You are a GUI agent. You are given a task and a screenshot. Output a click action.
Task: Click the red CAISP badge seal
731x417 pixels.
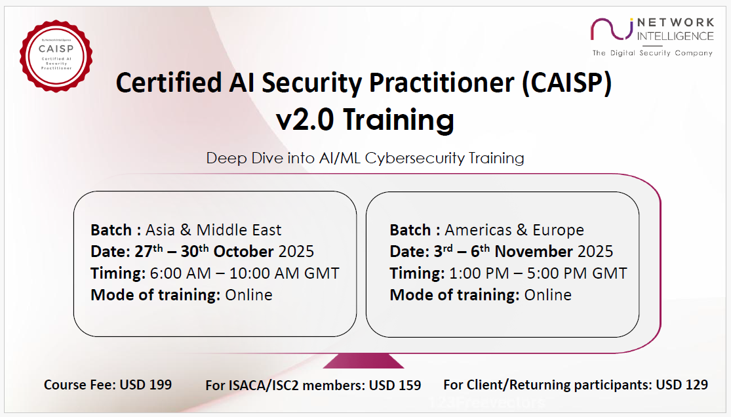(56, 56)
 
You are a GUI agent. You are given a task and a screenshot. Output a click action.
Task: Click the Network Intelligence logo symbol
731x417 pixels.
(612, 29)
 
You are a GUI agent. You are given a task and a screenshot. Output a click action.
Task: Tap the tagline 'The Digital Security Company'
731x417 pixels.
(652, 53)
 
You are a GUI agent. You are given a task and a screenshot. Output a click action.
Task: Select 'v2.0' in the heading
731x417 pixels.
(305, 119)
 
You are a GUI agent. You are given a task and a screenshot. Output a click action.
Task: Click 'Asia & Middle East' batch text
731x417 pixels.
(214, 230)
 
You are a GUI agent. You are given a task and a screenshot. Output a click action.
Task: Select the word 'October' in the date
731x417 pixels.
(243, 251)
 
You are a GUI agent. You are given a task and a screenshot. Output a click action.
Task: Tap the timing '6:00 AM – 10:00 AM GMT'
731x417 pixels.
(245, 273)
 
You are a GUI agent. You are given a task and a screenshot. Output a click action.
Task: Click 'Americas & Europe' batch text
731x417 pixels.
(514, 230)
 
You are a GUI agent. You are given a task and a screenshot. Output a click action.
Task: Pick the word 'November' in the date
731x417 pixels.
(534, 251)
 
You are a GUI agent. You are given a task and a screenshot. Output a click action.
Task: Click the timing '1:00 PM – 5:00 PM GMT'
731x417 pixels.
(538, 273)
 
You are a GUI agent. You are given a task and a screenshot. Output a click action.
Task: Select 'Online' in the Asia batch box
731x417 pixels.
(249, 295)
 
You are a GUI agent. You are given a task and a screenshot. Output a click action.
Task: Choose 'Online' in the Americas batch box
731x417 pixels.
(548, 295)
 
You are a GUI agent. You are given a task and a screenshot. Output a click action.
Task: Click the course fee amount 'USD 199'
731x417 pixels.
(146, 385)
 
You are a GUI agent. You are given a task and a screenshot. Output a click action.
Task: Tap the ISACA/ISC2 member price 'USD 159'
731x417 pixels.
(395, 386)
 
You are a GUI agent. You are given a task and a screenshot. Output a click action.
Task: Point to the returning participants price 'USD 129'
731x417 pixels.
(682, 385)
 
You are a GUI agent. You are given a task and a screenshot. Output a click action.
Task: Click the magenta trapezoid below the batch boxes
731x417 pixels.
(363, 361)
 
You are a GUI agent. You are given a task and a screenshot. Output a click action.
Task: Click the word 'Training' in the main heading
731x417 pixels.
(399, 120)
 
